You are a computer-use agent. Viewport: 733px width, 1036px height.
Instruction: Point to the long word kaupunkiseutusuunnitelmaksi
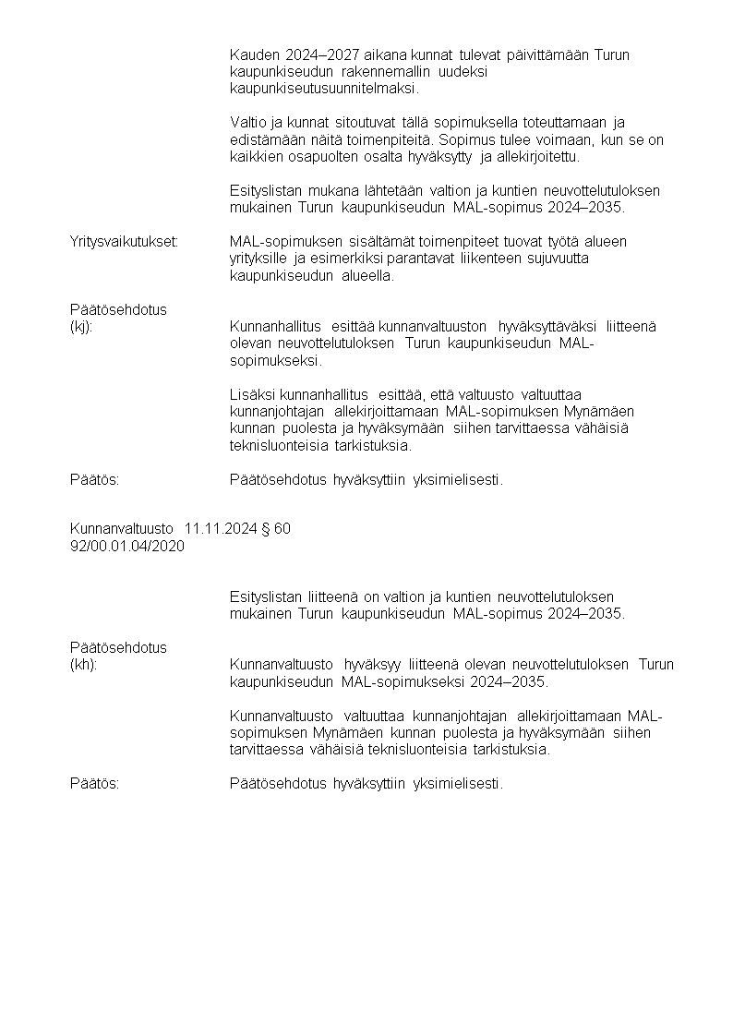tap(323, 89)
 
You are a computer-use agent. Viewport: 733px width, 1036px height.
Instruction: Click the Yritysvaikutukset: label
tap(124, 241)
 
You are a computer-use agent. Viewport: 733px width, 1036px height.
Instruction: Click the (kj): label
tap(81, 326)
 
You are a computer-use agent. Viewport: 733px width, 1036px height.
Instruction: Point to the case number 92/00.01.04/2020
tap(127, 546)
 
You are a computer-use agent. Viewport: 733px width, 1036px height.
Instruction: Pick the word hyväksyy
tap(368, 664)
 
